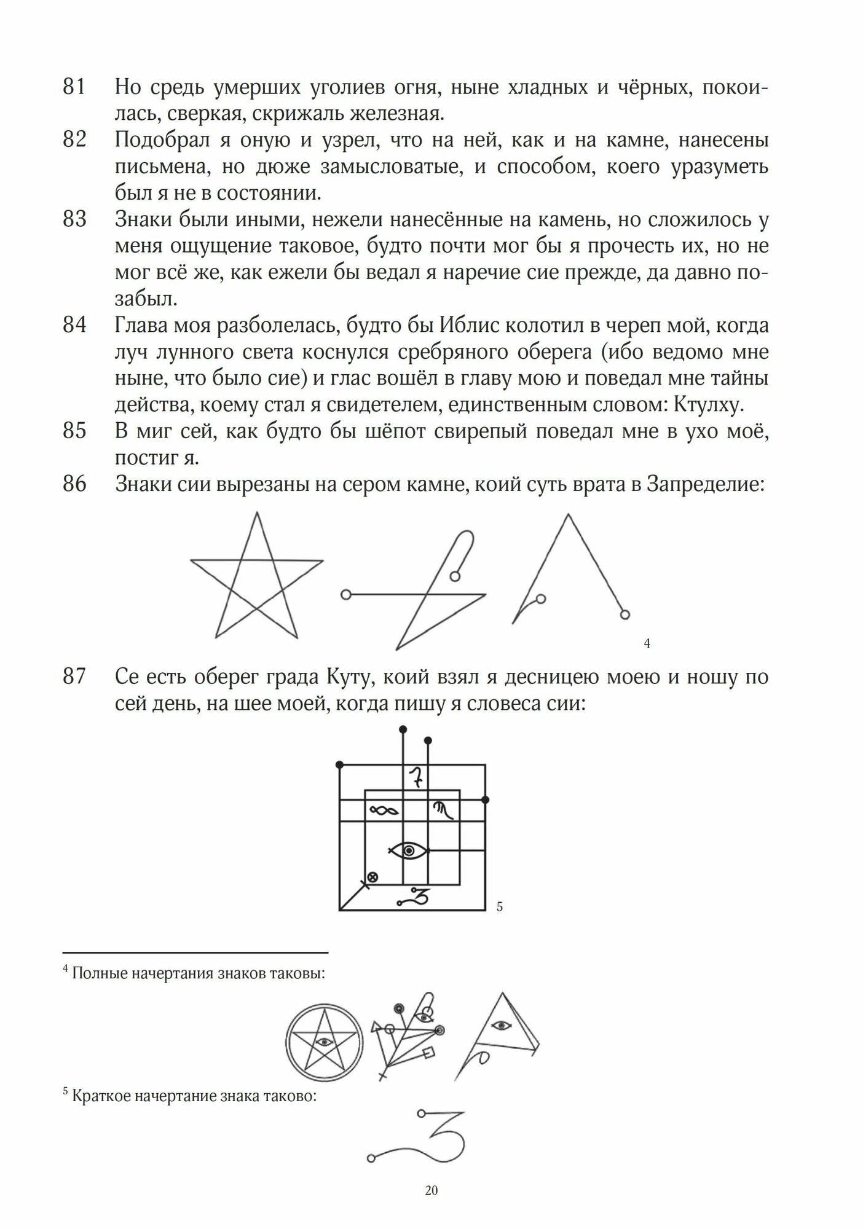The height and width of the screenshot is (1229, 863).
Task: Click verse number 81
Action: (x=73, y=88)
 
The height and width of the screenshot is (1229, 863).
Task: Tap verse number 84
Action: (x=73, y=325)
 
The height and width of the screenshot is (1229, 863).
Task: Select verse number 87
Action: (x=73, y=677)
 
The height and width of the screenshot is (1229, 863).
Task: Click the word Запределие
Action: (x=704, y=485)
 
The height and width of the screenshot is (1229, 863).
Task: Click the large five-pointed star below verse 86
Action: (x=256, y=578)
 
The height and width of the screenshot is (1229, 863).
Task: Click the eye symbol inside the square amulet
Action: (x=409, y=850)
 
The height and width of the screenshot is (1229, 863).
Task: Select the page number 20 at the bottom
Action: (x=431, y=1190)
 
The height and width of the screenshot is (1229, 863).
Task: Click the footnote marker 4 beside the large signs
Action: (x=647, y=644)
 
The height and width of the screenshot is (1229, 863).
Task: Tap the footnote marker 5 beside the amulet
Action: (x=499, y=906)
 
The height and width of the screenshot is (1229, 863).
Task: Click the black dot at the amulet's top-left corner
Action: (x=339, y=764)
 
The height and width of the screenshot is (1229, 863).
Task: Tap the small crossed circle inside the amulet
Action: (x=371, y=876)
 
